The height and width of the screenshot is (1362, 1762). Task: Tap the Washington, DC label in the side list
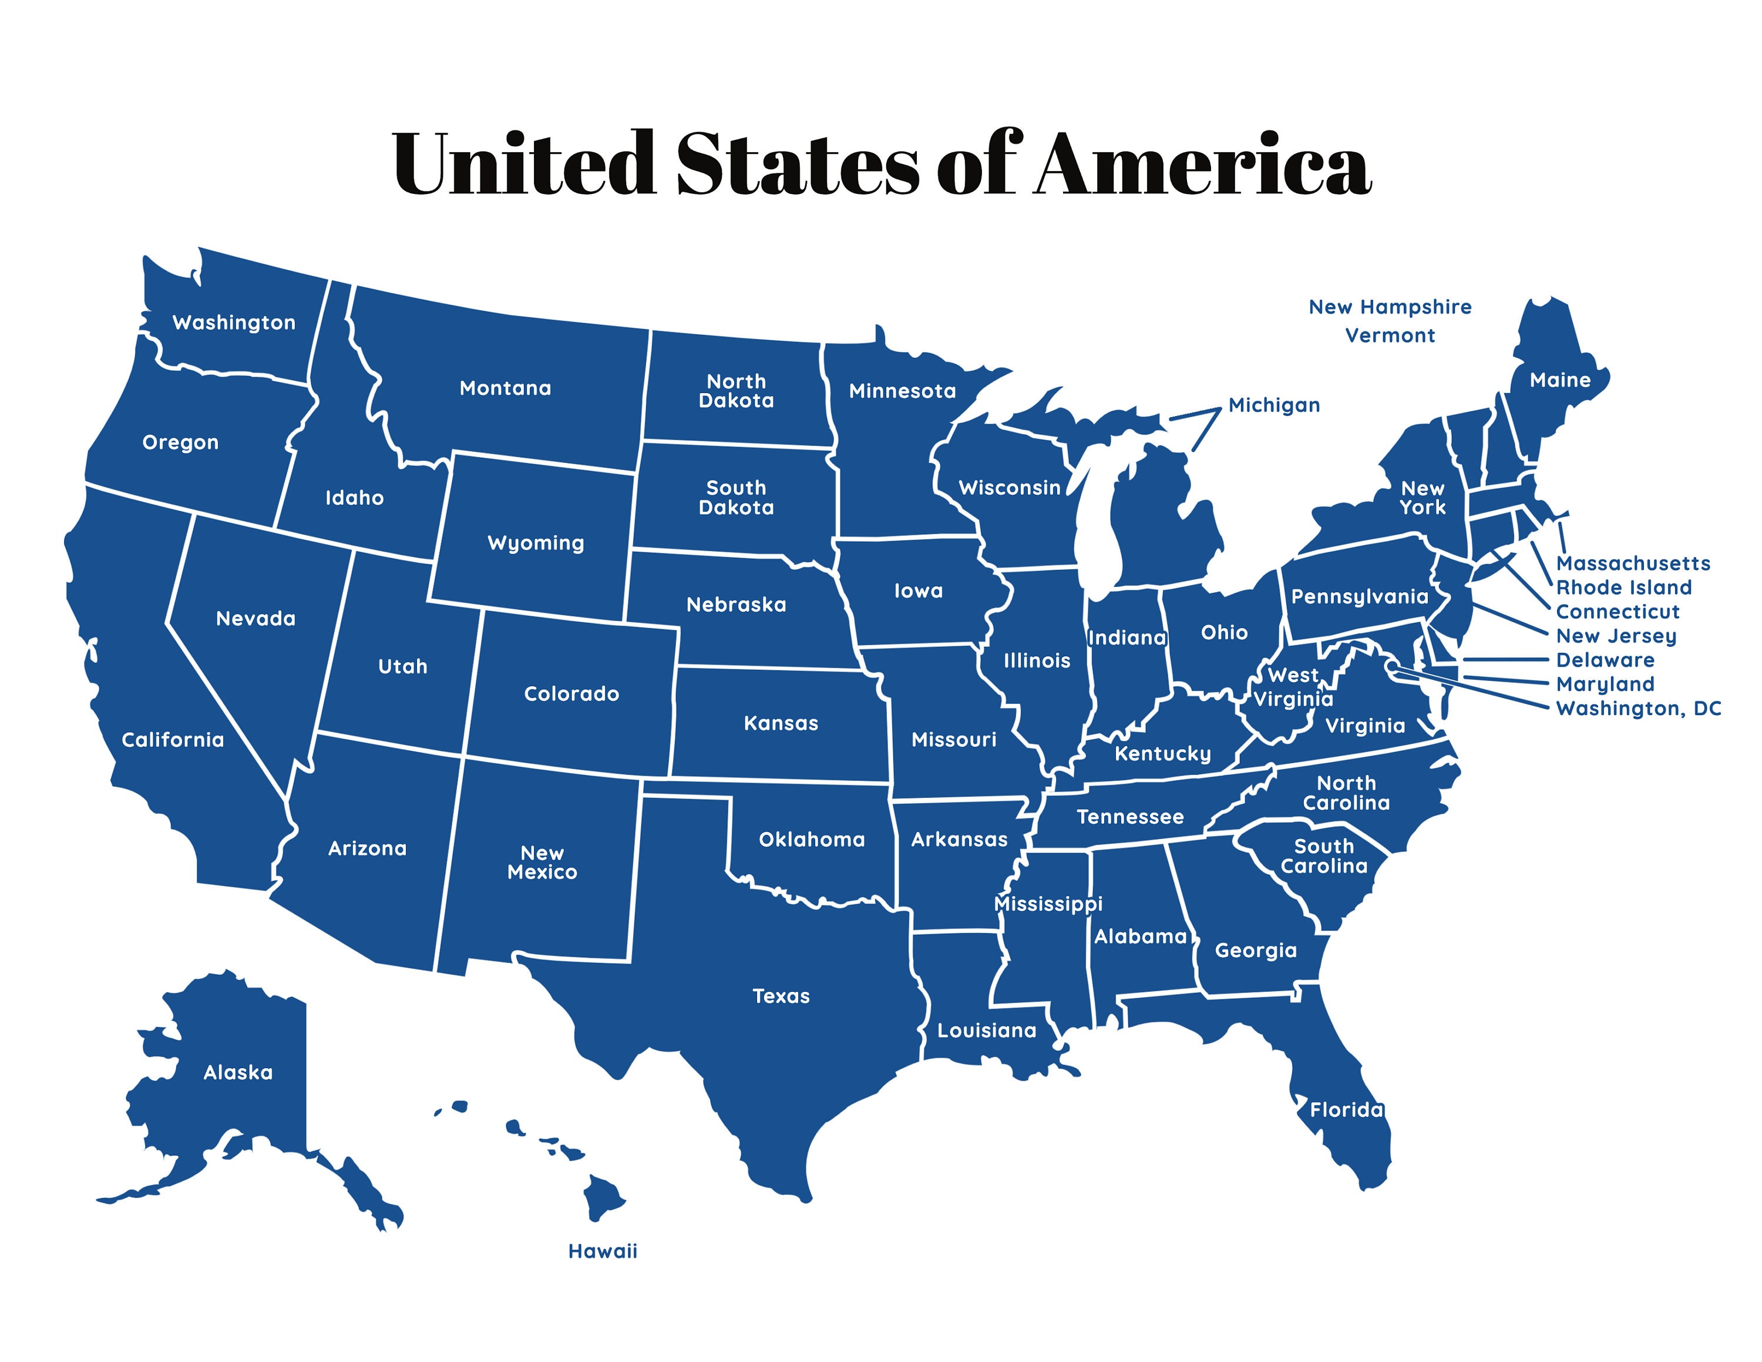(x=1637, y=709)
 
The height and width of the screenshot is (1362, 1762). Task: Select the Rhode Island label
(x=1623, y=588)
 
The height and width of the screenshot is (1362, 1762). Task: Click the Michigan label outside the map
(x=1274, y=405)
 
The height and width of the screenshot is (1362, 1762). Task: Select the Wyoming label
(x=536, y=543)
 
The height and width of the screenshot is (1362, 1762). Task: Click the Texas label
(x=781, y=996)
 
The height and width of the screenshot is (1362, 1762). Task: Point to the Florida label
(x=1346, y=1109)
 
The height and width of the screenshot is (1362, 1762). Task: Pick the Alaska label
(x=238, y=1072)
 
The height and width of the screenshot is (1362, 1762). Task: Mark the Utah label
(x=402, y=666)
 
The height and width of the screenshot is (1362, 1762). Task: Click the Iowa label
(x=918, y=591)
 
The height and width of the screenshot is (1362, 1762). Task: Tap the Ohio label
(x=1224, y=633)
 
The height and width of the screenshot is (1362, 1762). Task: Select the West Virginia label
(x=1293, y=687)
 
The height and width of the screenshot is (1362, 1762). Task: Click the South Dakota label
(x=736, y=498)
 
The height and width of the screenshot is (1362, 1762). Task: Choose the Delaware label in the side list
(x=1605, y=660)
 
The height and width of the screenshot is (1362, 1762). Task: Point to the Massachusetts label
(x=1633, y=563)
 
